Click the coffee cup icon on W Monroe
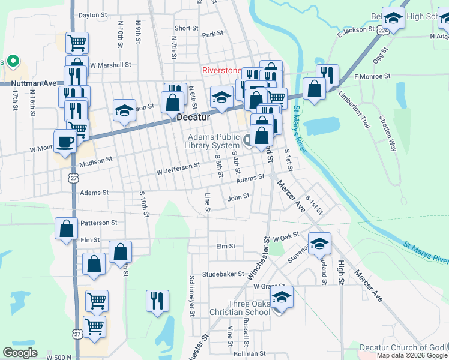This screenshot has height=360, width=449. pos(65,142)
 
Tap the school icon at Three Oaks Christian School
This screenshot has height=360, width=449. pos(282,296)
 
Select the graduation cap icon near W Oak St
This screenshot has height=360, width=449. pos(320,243)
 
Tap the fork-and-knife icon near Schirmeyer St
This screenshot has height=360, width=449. pos(157,300)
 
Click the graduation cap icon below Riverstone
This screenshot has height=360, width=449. pos(221,97)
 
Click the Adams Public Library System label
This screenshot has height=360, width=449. pos(211,141)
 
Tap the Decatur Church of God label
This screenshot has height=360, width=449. pos(402,347)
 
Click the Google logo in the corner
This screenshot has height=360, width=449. pos(20,353)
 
